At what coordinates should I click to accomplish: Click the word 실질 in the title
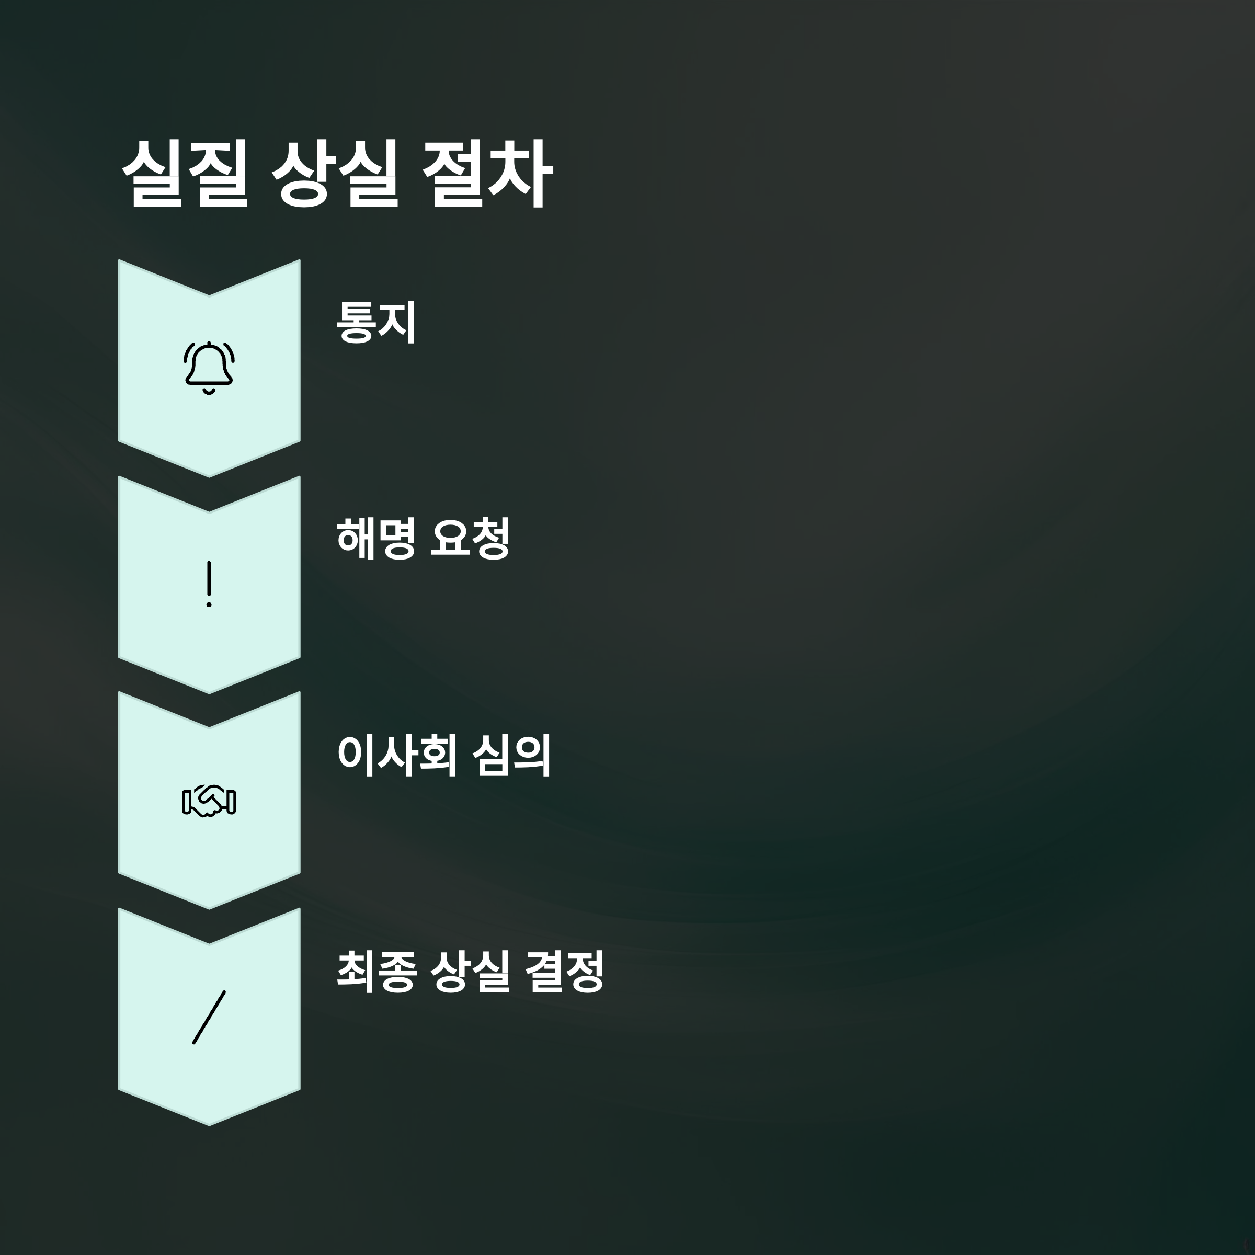point(185,174)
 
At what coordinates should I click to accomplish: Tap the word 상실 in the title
point(335,174)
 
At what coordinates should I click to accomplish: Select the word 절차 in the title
point(487,174)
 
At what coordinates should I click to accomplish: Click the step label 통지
point(376,322)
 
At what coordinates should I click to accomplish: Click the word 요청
point(470,538)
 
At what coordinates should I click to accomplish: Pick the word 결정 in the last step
point(564,971)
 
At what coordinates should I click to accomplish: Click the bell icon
point(209,368)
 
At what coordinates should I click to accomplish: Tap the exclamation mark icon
point(209,584)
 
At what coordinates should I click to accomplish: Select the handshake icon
point(209,801)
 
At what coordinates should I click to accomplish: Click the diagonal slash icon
point(209,1017)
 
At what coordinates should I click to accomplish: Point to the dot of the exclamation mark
point(209,605)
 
